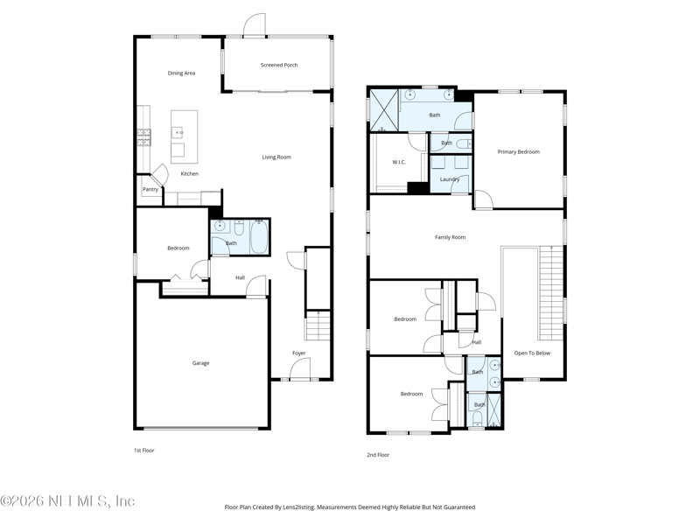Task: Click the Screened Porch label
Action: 279,65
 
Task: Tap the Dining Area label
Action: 181,73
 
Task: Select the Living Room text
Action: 276,157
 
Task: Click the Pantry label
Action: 150,189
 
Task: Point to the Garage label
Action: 201,363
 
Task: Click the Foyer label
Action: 299,353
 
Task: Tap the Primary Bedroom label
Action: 519,151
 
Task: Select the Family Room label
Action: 451,237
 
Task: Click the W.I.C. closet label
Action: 399,162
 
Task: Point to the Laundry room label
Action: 450,179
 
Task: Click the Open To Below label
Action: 532,353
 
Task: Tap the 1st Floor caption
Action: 144,451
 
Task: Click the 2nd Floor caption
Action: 378,455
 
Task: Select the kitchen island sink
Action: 178,133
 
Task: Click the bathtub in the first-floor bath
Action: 259,237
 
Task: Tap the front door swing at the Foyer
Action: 300,368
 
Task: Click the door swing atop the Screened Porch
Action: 255,24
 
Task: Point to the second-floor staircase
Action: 552,293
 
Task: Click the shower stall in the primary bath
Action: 384,110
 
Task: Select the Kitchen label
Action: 190,173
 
